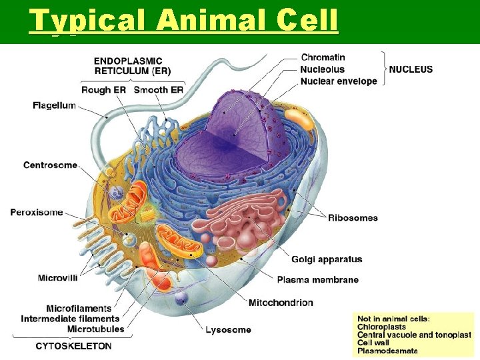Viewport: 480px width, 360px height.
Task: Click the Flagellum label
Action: (54, 105)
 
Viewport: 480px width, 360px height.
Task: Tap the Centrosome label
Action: (50, 165)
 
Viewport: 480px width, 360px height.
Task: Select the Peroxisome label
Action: (37, 212)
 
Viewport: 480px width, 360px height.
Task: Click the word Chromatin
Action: (323, 57)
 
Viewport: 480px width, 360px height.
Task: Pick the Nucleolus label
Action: (322, 69)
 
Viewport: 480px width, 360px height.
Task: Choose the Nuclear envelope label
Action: (339, 81)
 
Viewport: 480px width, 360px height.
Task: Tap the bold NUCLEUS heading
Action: (411, 69)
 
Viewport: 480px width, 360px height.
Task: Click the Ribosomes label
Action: (353, 218)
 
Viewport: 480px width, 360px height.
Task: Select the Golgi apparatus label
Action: (327, 259)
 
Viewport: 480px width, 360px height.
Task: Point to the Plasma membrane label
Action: (317, 279)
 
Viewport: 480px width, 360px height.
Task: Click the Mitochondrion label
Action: (281, 303)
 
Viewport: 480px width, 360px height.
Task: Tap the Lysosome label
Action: (228, 329)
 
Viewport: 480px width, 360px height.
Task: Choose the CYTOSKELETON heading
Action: (73, 346)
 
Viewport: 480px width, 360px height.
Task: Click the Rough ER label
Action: (103, 90)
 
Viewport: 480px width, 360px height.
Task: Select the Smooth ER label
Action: (159, 90)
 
